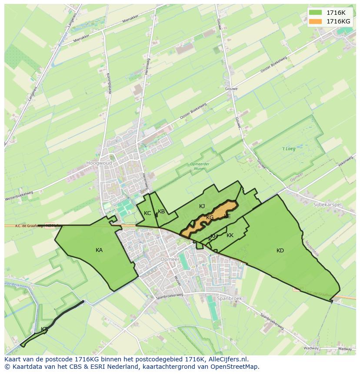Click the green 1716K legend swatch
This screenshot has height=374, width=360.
pyautogui.click(x=316, y=13)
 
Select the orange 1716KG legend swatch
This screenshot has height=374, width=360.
pyautogui.click(x=316, y=21)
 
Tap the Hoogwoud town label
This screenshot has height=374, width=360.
pyautogui.click(x=99, y=163)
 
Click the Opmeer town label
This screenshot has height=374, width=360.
pyautogui.click(x=170, y=259)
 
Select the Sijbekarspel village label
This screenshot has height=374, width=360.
pyautogui.click(x=328, y=203)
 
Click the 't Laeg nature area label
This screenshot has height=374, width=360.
pyautogui.click(x=288, y=149)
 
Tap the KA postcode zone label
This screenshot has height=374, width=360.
pyautogui.click(x=99, y=250)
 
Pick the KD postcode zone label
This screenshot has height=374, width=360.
pyautogui.click(x=280, y=250)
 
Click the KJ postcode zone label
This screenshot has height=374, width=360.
pyautogui.click(x=202, y=206)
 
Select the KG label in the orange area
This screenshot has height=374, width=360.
pyautogui.click(x=210, y=217)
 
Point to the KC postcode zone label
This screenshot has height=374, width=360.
pyautogui.click(x=147, y=213)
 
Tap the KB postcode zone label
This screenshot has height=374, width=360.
pyautogui.click(x=161, y=212)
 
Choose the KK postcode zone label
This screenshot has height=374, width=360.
pyautogui.click(x=230, y=235)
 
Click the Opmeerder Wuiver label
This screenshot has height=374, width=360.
pyautogui.click(x=200, y=166)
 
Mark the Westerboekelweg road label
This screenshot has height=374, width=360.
pyautogui.click(x=19, y=196)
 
